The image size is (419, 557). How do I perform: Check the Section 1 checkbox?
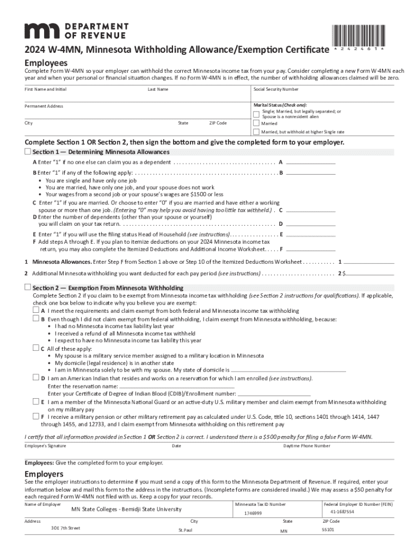pos(28,151)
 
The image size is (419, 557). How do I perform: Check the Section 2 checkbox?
pos(28,287)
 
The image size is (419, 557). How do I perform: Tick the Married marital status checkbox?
pos(256,123)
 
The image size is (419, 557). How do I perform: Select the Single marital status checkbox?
pos(256,114)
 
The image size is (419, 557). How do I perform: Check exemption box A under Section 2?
pos(36,310)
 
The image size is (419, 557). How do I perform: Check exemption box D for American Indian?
pos(36,377)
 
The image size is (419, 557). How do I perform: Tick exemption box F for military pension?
pos(36,416)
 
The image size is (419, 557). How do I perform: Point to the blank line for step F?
pos(310,251)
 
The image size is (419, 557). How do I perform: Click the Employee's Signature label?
pos(45,446)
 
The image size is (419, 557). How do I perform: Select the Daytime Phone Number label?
pos(307,446)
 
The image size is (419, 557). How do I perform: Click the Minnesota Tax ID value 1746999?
pos(253,513)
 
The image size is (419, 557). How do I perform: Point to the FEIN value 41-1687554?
pos(342,512)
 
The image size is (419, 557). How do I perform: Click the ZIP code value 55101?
pos(328,529)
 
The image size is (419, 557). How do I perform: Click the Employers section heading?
pos(44,474)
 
